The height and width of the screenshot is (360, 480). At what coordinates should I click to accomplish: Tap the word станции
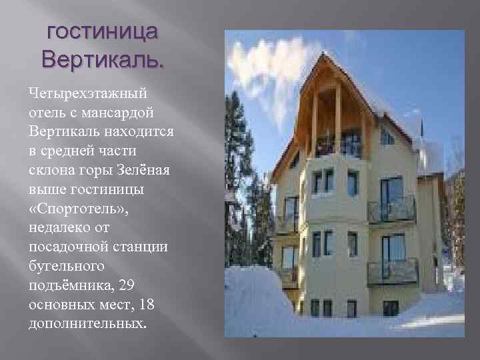coord(151,248)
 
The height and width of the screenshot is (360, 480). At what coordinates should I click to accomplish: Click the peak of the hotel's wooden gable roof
coord(325,56)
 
